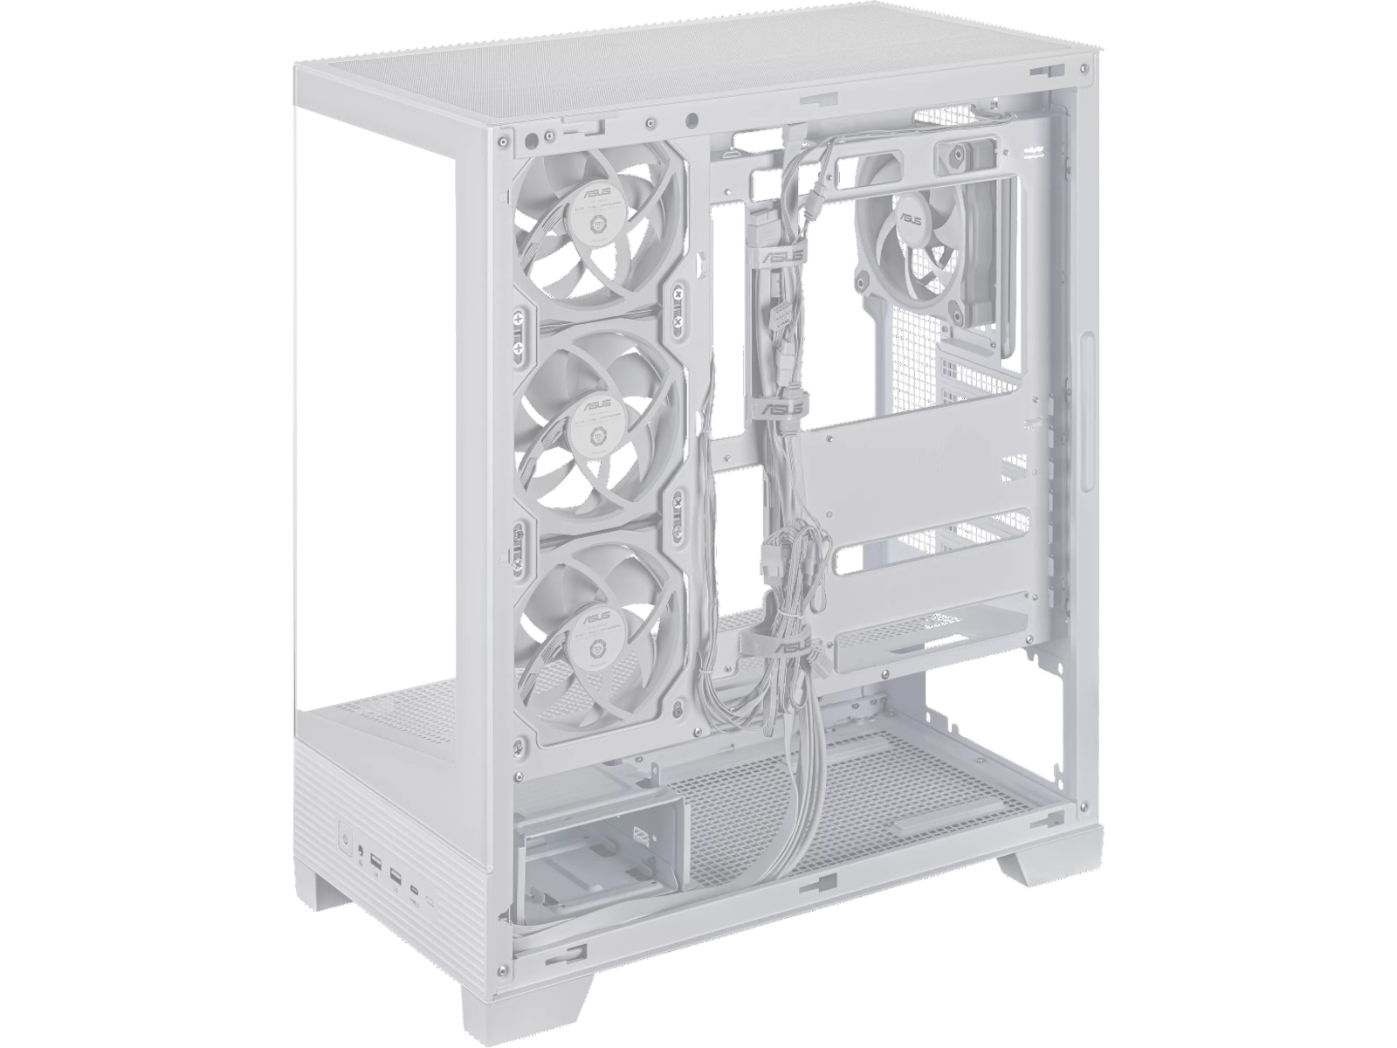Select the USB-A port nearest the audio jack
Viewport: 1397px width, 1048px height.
376,863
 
